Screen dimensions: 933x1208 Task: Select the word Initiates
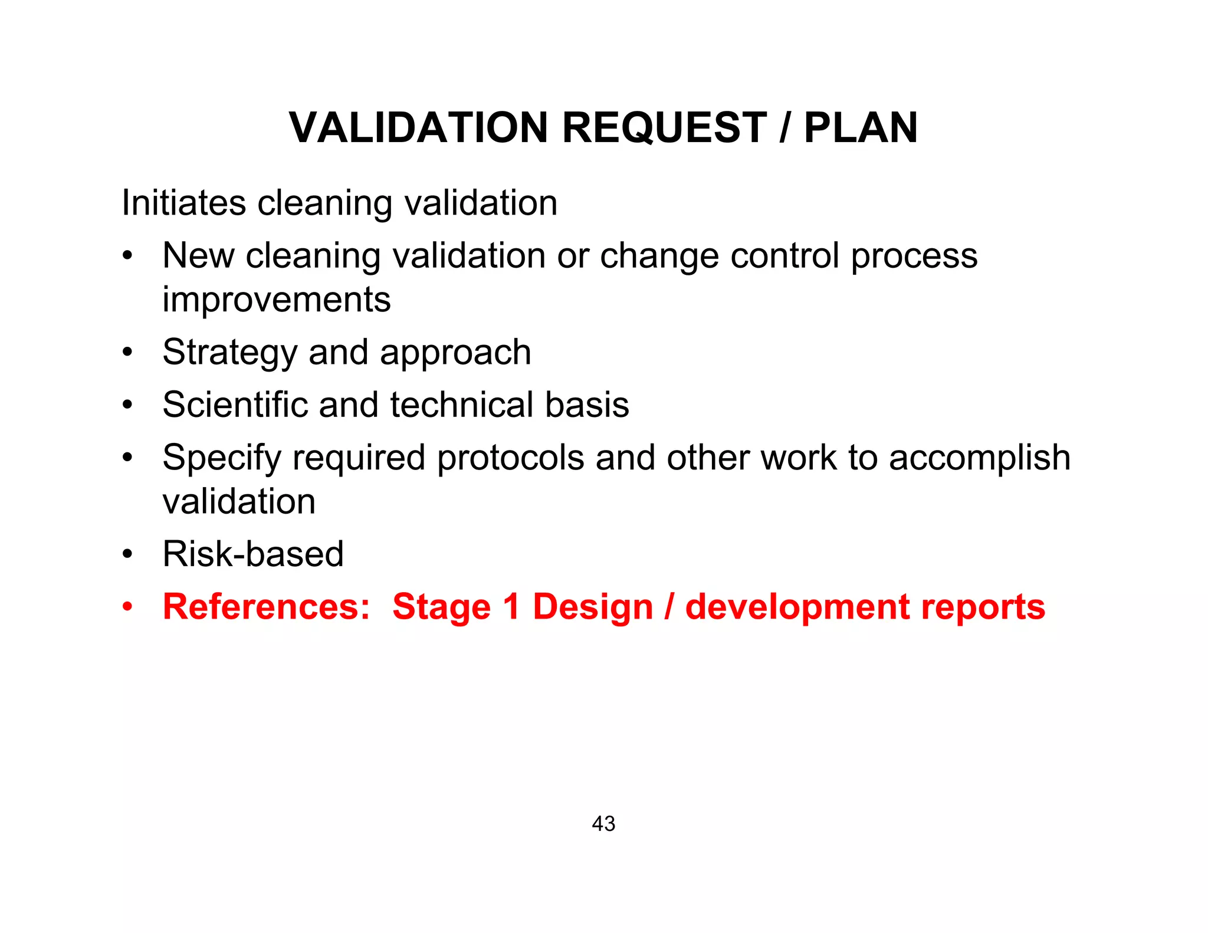coord(183,203)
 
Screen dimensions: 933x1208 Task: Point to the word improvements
coord(276,300)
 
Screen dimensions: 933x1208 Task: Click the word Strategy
coord(229,353)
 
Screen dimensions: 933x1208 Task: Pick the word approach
coord(455,353)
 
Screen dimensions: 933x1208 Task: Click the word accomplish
coord(979,458)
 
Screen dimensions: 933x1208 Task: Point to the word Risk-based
coord(252,554)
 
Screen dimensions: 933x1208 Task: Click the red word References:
coord(266,607)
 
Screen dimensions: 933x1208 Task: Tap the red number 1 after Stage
coord(511,607)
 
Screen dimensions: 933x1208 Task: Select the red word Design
coord(592,607)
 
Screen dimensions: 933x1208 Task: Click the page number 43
coord(603,824)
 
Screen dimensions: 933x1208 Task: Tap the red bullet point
coord(127,607)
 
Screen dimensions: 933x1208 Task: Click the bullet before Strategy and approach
coord(127,353)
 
